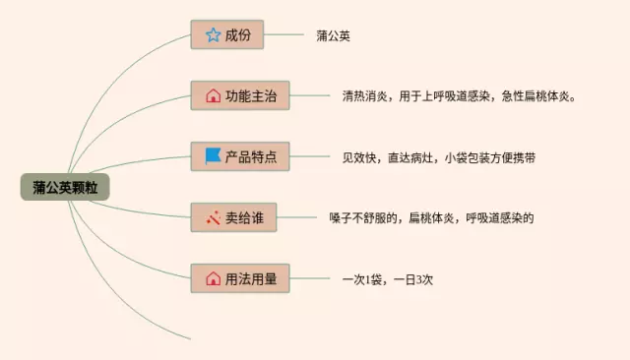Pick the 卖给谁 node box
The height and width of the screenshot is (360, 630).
[x=233, y=217]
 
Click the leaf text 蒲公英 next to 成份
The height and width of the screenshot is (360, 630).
[x=334, y=35]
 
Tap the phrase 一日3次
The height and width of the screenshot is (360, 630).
[x=412, y=278]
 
